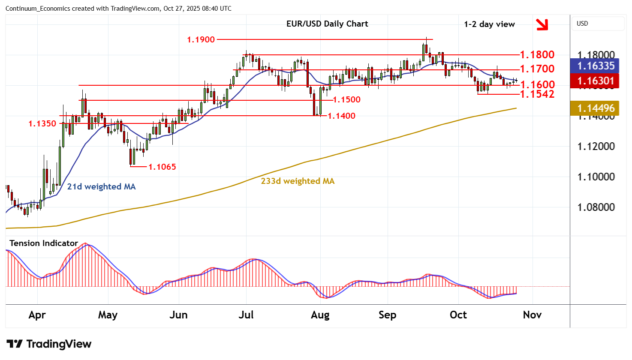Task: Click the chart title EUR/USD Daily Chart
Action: point(327,24)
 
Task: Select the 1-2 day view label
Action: point(489,24)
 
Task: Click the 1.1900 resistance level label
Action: point(201,40)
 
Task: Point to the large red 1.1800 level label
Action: point(537,55)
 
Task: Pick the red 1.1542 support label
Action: point(537,94)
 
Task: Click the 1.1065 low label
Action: point(162,167)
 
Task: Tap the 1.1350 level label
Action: point(42,124)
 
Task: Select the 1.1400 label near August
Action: point(341,116)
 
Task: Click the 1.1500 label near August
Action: point(346,100)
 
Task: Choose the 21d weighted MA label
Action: point(101,187)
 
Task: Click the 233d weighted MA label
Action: point(298,181)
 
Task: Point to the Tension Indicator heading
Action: point(44,243)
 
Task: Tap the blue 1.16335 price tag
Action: point(596,66)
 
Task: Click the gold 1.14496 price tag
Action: point(596,108)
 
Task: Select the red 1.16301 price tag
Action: point(596,81)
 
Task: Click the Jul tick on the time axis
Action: point(246,315)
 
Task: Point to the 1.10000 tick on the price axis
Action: point(596,177)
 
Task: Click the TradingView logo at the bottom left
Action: point(49,344)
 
